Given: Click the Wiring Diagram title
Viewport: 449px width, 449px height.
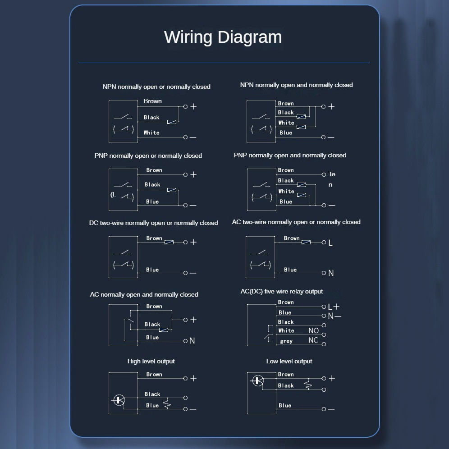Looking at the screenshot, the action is pos(223,37).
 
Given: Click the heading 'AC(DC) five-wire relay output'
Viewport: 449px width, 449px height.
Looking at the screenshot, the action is pos(282,291).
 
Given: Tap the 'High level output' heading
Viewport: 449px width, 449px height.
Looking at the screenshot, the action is pos(151,361).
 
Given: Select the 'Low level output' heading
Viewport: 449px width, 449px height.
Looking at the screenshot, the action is pos(289,361).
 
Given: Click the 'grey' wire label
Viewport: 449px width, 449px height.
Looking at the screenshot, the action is pos(286,341).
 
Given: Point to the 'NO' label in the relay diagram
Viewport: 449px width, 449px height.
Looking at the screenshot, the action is pos(313,331).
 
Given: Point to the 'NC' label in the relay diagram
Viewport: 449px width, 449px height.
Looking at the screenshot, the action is pos(313,340).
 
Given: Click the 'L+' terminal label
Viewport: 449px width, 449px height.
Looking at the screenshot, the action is pos(334,307).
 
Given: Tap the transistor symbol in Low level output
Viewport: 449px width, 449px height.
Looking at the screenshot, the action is pos(257,380).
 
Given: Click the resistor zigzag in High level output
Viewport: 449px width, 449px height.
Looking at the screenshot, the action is pos(167,403).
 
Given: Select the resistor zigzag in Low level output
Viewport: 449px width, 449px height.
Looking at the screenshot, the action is pos(308,384).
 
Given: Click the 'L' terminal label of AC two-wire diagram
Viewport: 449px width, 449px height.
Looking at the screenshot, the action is pos(330,243).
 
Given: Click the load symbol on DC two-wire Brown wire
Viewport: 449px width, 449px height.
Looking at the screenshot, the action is pos(169,243).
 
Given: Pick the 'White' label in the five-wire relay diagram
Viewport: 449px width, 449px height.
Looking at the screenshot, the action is pos(286,331).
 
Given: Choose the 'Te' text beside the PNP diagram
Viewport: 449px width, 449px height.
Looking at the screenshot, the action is pos(332,174).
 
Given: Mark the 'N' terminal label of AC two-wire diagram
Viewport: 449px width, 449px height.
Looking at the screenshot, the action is pos(331,273).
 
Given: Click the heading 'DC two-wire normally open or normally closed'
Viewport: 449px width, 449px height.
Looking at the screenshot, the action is pos(153,223).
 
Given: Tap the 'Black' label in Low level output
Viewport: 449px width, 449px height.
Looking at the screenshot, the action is pos(286,385).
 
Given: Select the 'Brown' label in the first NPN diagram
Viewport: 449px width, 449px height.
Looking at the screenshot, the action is pos(153,101).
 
